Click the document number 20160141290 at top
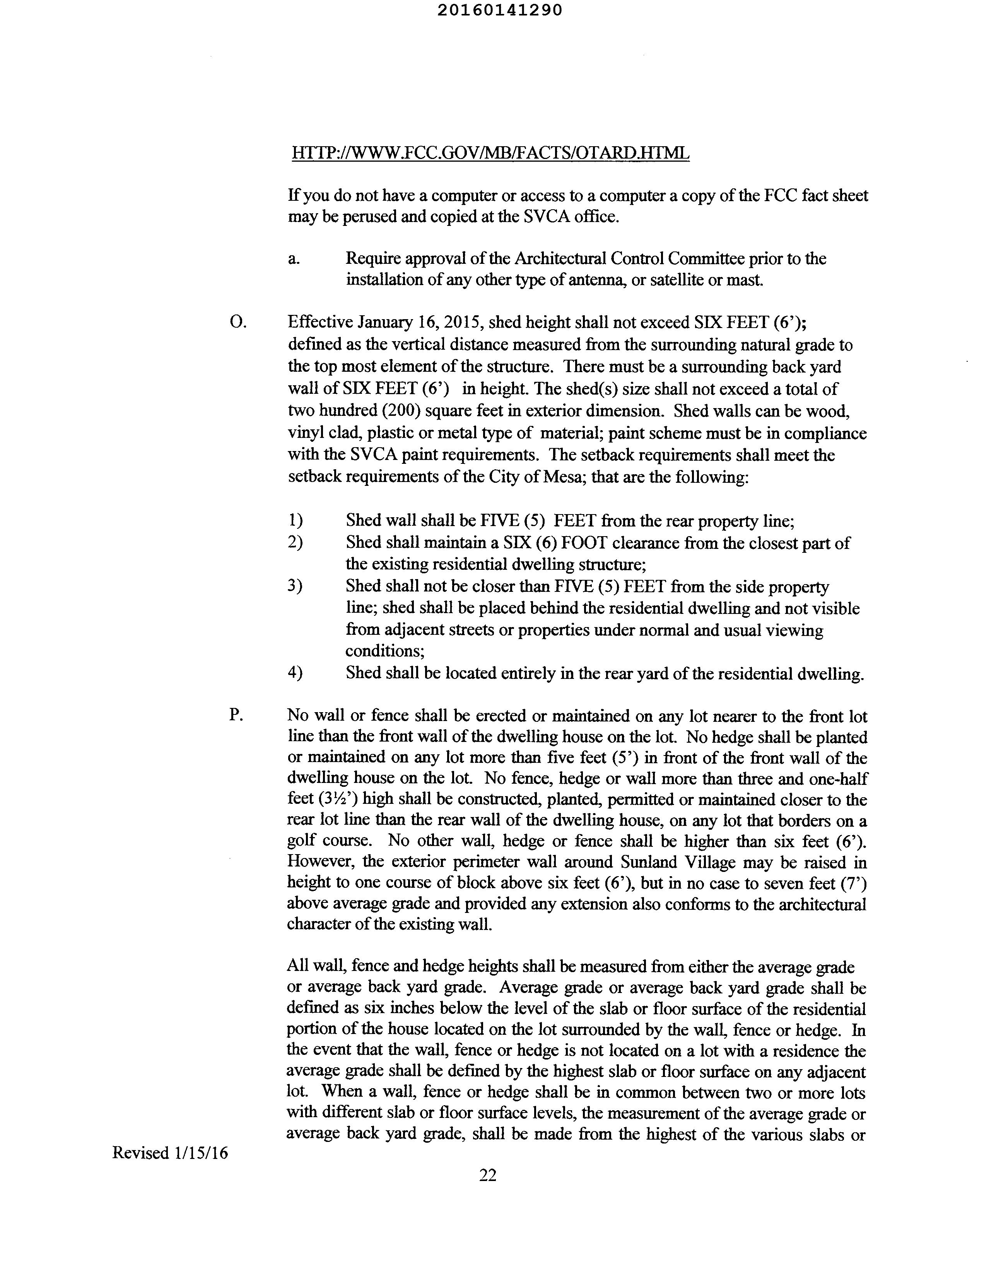tap(500, 10)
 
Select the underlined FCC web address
tap(490, 153)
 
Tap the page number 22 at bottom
tap(488, 1174)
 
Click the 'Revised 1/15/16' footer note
tap(170, 1153)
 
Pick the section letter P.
tap(236, 716)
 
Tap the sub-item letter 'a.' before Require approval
tap(294, 259)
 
